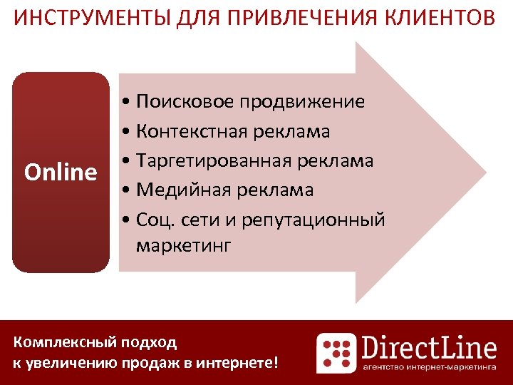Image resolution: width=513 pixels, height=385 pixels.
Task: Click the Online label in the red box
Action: [61, 173]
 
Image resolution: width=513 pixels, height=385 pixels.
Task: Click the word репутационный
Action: [313, 220]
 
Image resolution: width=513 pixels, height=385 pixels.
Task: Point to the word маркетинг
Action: [183, 247]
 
